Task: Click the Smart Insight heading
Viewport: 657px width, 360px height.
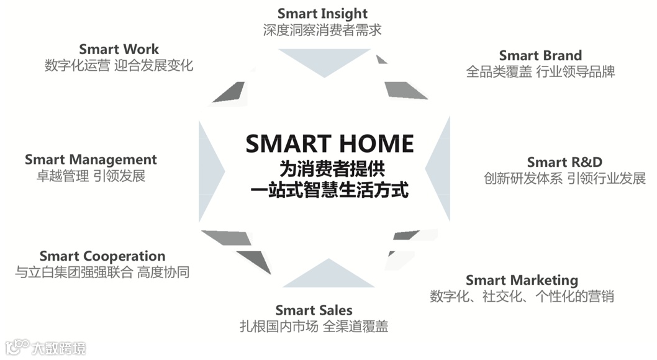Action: pyautogui.click(x=322, y=13)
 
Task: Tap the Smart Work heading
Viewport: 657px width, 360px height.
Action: pyautogui.click(x=119, y=49)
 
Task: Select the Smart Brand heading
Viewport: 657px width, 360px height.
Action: pyautogui.click(x=540, y=56)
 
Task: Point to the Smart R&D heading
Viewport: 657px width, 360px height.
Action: pyautogui.click(x=564, y=163)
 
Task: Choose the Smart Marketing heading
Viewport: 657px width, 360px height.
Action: pyautogui.click(x=522, y=280)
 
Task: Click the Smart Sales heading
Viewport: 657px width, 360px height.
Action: pyautogui.click(x=314, y=310)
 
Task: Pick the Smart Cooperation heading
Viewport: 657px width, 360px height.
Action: pyautogui.click(x=102, y=256)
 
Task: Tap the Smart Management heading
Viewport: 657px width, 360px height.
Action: pyautogui.click(x=91, y=160)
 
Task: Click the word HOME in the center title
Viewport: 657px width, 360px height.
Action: pyautogui.click(x=373, y=144)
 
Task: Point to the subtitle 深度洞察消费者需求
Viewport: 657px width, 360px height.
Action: pyautogui.click(x=322, y=29)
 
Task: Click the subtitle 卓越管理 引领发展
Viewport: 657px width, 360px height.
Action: pyautogui.click(x=91, y=176)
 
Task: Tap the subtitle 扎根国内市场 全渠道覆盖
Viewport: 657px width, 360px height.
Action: pyautogui.click(x=314, y=326)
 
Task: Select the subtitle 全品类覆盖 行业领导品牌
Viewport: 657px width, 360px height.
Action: pyautogui.click(x=540, y=72)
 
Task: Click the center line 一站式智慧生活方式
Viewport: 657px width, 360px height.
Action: pyautogui.click(x=330, y=189)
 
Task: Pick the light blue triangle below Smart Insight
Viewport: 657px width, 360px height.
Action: pyautogui.click(x=324, y=61)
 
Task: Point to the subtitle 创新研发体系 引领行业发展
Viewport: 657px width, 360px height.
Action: pyautogui.click(x=564, y=179)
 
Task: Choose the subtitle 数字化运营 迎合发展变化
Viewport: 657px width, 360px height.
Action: pyautogui.click(x=119, y=65)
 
